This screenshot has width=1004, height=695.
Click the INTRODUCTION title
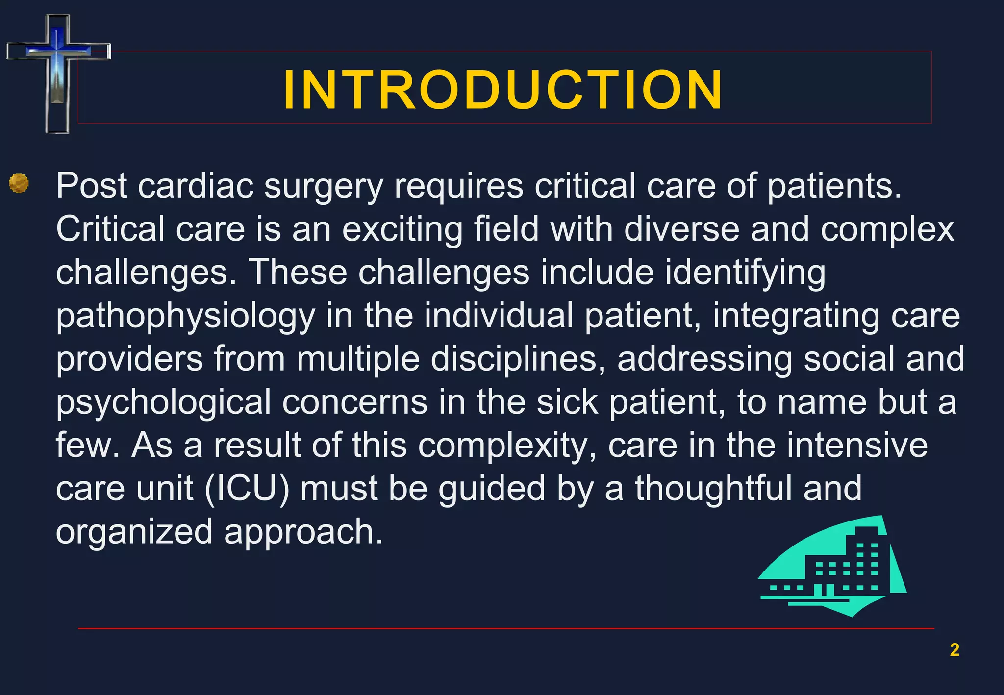502,90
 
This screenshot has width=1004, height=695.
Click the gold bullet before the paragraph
19,184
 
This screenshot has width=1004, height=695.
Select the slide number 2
954,649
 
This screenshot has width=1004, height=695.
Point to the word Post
92,186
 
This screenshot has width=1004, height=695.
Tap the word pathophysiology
185,317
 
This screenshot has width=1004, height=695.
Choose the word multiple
358,359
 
